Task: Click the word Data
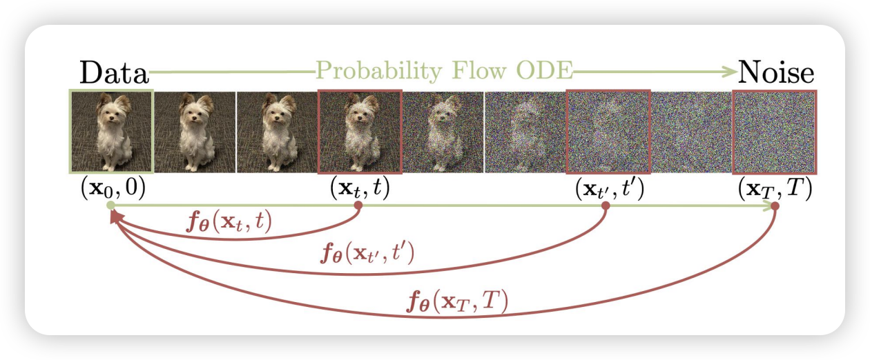pyautogui.click(x=114, y=72)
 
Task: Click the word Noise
pyautogui.click(x=775, y=72)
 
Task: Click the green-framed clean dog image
pyautogui.click(x=111, y=131)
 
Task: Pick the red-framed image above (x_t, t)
pyautogui.click(x=360, y=131)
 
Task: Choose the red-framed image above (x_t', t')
pyautogui.click(x=608, y=131)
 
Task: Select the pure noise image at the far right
pyautogui.click(x=775, y=132)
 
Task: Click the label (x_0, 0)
pyautogui.click(x=113, y=189)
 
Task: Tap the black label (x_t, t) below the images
pyautogui.click(x=360, y=189)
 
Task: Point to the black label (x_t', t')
pyautogui.click(x=610, y=189)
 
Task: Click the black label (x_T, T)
pyautogui.click(x=775, y=189)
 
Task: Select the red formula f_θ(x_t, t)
pyautogui.click(x=229, y=223)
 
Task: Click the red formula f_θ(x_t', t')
pyautogui.click(x=367, y=252)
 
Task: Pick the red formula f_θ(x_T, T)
pyautogui.click(x=457, y=301)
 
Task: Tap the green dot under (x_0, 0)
pyautogui.click(x=111, y=206)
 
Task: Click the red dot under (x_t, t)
pyautogui.click(x=358, y=206)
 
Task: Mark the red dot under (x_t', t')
pyautogui.click(x=606, y=206)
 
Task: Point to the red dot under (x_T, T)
pyautogui.click(x=775, y=206)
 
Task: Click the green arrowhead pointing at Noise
pyautogui.click(x=729, y=72)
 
